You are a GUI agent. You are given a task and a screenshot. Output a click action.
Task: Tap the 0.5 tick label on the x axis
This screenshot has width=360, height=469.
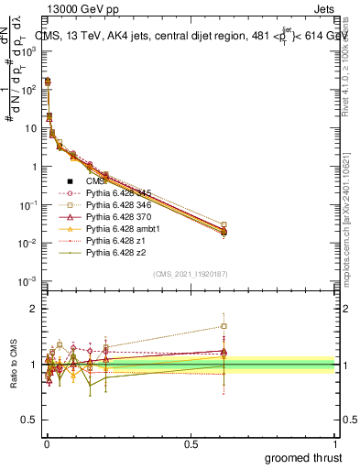point(191,443)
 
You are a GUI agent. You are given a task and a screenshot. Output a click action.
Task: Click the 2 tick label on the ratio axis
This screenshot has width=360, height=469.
point(33,309)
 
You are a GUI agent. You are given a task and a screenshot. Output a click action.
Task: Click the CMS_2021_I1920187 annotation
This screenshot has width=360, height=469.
point(191,273)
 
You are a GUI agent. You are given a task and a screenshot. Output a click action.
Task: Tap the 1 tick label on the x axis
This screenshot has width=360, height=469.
point(335,443)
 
